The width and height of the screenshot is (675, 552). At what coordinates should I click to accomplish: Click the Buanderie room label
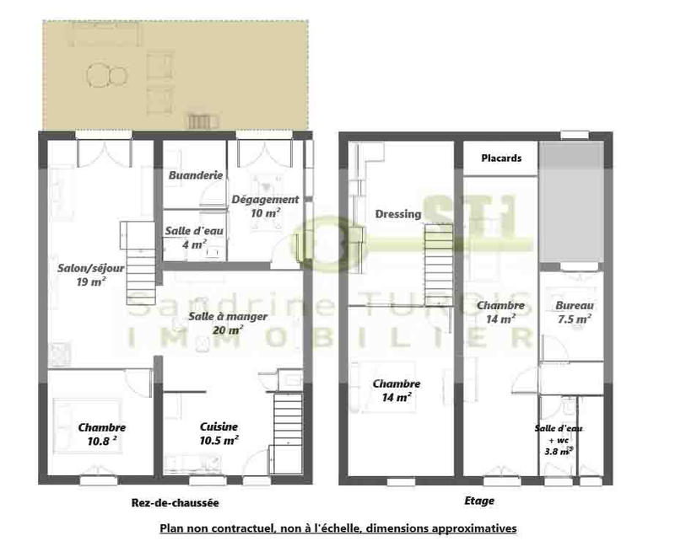point(195,175)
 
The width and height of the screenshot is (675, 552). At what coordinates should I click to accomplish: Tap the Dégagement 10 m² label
point(265,206)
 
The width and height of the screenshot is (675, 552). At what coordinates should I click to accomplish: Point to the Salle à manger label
point(228,323)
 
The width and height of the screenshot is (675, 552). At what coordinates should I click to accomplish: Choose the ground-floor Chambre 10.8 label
point(101,433)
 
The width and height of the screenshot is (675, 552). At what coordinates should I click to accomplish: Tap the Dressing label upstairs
point(397,214)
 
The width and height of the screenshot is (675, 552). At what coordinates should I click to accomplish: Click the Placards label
point(501,158)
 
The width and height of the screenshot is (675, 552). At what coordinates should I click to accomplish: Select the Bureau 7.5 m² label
point(574,312)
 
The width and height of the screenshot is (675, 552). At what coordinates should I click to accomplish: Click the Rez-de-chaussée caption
point(175,503)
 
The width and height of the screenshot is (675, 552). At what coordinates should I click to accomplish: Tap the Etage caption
point(479,501)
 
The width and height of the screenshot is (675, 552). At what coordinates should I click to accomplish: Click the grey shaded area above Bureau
point(571,201)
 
